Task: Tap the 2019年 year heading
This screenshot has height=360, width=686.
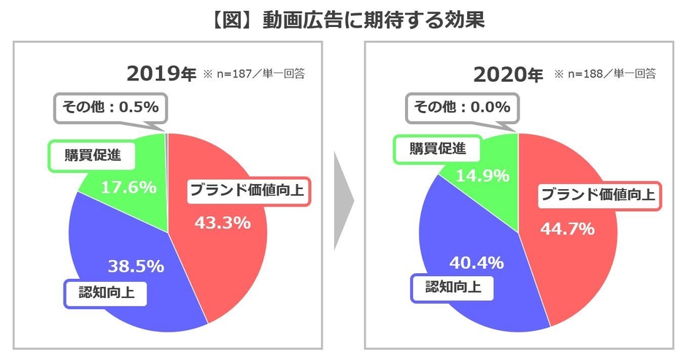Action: tap(161, 74)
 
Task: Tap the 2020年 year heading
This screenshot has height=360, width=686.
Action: tap(507, 74)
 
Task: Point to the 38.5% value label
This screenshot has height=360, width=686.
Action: tap(136, 265)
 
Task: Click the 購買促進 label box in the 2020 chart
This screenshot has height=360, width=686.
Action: tap(427, 148)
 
